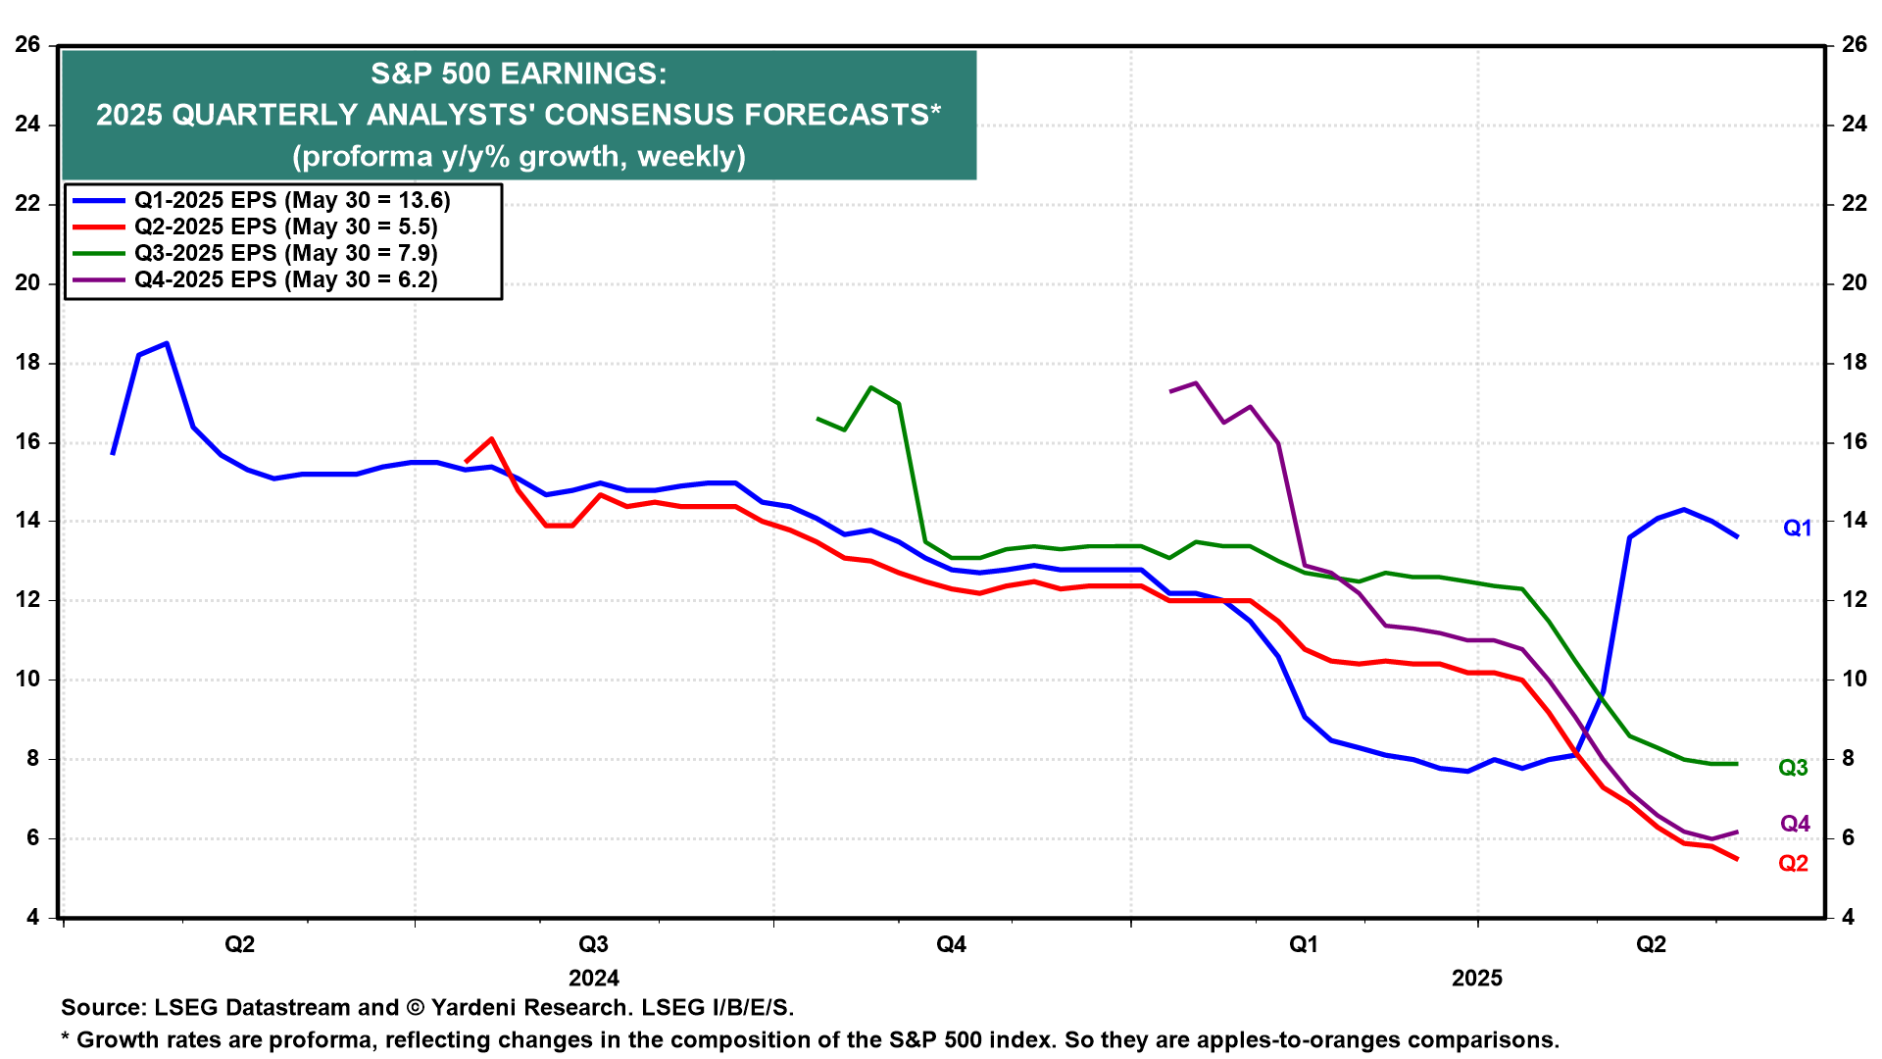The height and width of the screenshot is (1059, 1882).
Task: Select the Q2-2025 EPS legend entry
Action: pos(285,227)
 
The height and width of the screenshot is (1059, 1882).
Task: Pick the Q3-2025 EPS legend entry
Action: pos(285,254)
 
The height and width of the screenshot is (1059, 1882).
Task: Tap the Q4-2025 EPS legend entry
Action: pos(285,280)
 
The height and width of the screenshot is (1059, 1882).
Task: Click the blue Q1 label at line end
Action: pos(1797,529)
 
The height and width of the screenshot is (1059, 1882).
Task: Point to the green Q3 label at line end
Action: pos(1793,768)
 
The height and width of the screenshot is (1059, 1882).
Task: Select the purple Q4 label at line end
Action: pos(1795,825)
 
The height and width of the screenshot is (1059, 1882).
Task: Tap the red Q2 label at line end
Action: pos(1793,864)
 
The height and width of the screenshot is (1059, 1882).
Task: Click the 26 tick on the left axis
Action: pos(27,45)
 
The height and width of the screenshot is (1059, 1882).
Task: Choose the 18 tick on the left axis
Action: pos(27,363)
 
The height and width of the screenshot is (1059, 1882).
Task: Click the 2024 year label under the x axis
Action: pos(594,979)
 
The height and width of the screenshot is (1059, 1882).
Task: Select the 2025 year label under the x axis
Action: pos(1476,979)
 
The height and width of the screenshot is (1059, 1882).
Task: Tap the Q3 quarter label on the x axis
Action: pos(593,945)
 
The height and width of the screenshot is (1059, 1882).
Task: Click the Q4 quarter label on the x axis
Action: pos(951,945)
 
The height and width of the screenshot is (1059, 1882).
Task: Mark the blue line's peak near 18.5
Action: pos(167,343)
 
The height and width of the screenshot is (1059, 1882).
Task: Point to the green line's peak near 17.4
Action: pos(871,387)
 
